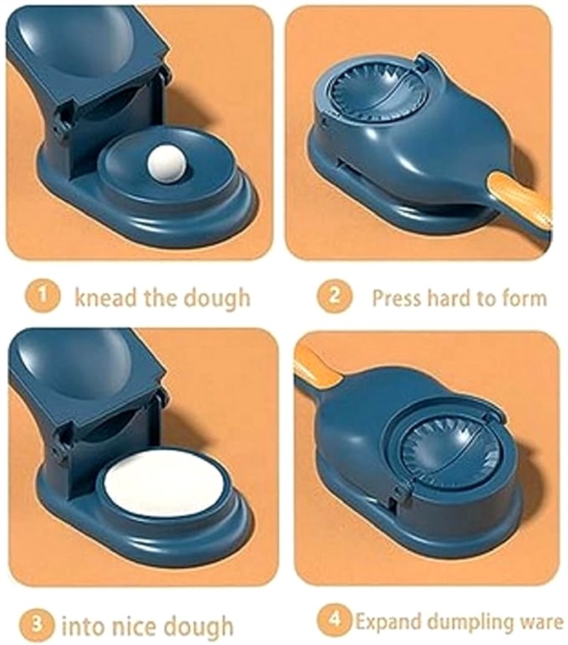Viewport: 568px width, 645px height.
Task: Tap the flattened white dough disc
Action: (163, 486)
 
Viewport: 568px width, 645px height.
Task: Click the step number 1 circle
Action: (43, 296)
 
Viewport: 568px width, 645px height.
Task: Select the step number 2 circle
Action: (334, 296)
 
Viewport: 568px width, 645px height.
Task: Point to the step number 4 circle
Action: (335, 619)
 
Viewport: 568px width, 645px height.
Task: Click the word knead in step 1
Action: (106, 297)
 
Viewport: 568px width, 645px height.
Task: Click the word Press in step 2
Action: (398, 297)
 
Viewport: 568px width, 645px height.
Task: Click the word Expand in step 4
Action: (383, 621)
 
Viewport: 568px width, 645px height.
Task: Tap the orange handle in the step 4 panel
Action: (317, 366)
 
